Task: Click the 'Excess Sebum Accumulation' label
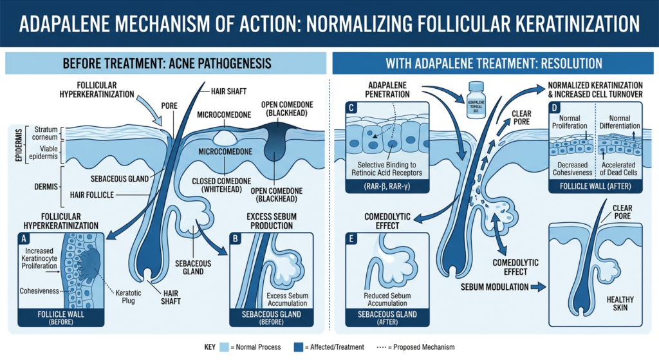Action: click(286, 299)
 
